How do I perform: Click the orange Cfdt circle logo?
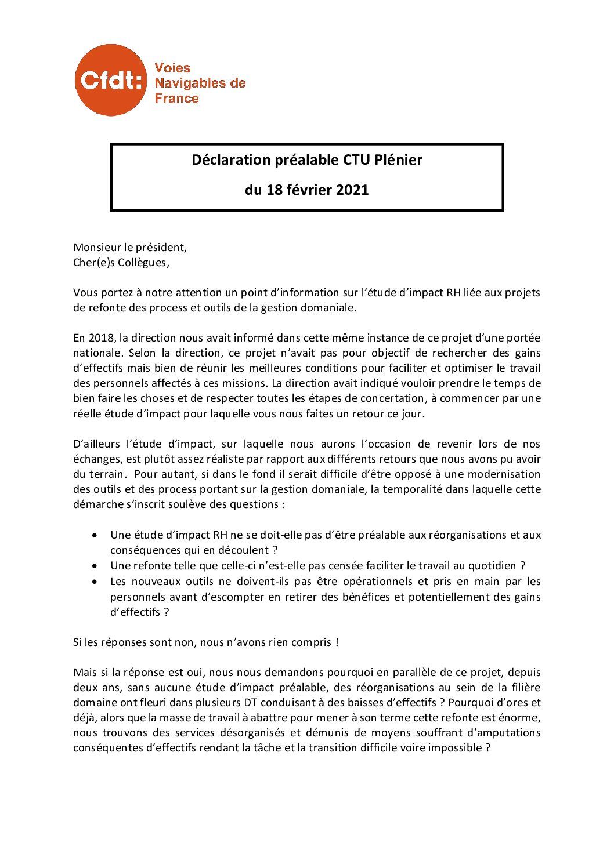110,81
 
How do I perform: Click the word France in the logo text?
176,99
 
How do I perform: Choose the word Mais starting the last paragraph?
85,673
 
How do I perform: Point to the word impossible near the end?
454,748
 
